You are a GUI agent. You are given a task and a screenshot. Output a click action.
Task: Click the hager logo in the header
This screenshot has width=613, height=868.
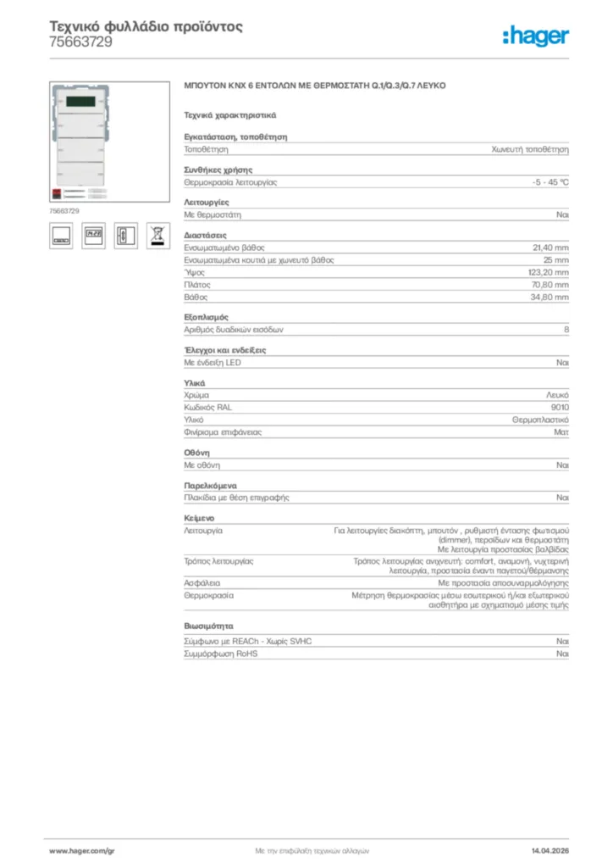(x=535, y=36)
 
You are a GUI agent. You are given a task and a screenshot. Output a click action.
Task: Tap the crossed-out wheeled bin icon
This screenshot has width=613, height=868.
(x=156, y=236)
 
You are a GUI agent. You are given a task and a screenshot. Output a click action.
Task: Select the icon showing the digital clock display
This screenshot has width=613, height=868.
(x=93, y=236)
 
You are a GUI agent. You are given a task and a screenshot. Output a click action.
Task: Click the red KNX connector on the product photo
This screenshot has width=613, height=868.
(x=56, y=193)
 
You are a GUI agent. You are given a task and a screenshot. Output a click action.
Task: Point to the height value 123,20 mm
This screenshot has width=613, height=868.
(x=549, y=272)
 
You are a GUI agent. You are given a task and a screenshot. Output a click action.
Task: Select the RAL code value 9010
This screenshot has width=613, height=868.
(x=560, y=407)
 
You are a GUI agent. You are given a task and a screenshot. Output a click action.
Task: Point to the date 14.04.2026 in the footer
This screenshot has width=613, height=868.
(x=549, y=849)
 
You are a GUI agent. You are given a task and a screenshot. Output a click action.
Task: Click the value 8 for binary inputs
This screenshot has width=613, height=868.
(x=566, y=330)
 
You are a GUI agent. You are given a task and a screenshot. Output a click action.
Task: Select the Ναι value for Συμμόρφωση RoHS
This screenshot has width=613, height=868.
(x=562, y=654)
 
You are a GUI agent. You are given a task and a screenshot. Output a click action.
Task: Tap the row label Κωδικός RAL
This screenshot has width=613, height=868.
(x=207, y=407)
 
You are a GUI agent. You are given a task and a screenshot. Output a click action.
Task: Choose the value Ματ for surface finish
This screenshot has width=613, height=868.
(x=561, y=432)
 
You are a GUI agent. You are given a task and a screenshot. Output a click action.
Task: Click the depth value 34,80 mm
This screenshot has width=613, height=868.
(x=549, y=298)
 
